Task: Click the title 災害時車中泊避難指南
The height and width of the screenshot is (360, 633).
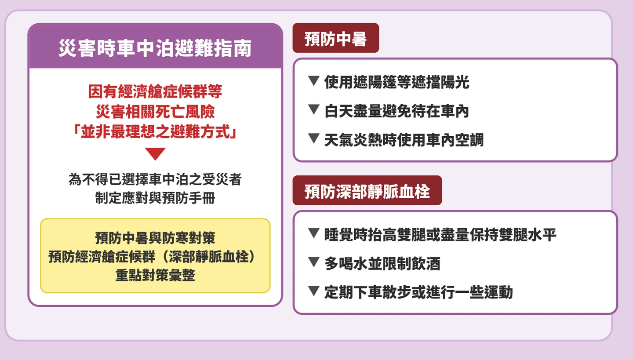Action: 155,48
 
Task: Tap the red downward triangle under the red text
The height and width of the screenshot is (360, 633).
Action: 155,153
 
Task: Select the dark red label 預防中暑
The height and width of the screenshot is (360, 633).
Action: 336,38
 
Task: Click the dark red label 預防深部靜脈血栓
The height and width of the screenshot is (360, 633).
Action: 367,190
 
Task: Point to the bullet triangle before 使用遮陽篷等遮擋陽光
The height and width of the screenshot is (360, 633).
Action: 314,81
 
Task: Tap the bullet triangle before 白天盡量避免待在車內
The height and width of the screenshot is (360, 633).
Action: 314,109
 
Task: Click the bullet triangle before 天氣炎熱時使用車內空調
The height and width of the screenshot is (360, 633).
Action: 314,138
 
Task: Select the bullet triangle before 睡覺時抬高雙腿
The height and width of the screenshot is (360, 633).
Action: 314,233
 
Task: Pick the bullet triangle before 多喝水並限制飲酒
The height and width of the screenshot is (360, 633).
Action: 314,262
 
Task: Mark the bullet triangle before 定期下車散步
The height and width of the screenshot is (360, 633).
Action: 314,291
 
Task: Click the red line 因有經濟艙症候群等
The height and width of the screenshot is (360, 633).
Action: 155,91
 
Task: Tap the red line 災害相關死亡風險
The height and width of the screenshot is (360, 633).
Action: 155,112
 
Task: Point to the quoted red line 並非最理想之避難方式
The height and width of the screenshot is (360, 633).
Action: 155,132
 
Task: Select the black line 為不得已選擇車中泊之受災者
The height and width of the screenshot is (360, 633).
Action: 155,179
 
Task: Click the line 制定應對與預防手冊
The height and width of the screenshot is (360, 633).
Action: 155,198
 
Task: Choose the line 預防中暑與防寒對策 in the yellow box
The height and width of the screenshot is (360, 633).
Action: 155,238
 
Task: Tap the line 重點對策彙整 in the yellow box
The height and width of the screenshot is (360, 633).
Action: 155,275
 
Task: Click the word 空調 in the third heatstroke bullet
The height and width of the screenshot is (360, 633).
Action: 469,140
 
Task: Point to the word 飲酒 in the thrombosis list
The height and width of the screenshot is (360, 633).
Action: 426,264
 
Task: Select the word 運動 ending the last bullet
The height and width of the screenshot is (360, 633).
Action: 498,292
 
